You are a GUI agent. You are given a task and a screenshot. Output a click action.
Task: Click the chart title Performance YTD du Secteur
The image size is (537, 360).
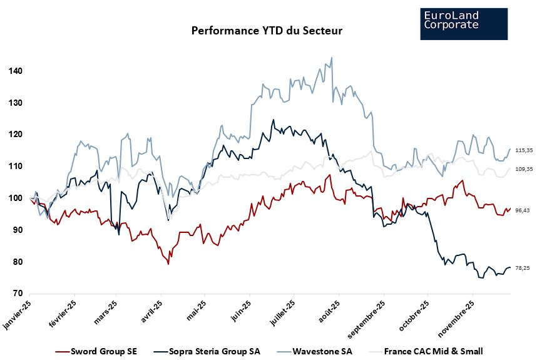tap(267, 30)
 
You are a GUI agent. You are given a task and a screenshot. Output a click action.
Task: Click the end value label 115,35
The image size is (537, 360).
tap(523, 151)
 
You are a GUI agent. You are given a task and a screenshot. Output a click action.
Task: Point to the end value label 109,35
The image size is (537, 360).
tap(523, 169)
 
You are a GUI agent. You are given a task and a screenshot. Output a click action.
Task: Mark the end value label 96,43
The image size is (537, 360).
tap(521, 210)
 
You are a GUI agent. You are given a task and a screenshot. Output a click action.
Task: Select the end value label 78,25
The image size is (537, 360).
tap(521, 268)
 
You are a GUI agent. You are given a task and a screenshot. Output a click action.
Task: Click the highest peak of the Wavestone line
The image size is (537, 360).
tap(331, 58)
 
